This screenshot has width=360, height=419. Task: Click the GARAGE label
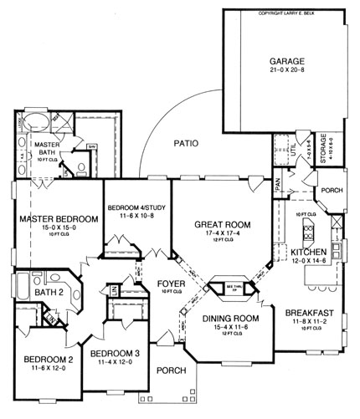tap(286, 62)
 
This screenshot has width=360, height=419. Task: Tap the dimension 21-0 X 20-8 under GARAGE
tap(286, 74)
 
